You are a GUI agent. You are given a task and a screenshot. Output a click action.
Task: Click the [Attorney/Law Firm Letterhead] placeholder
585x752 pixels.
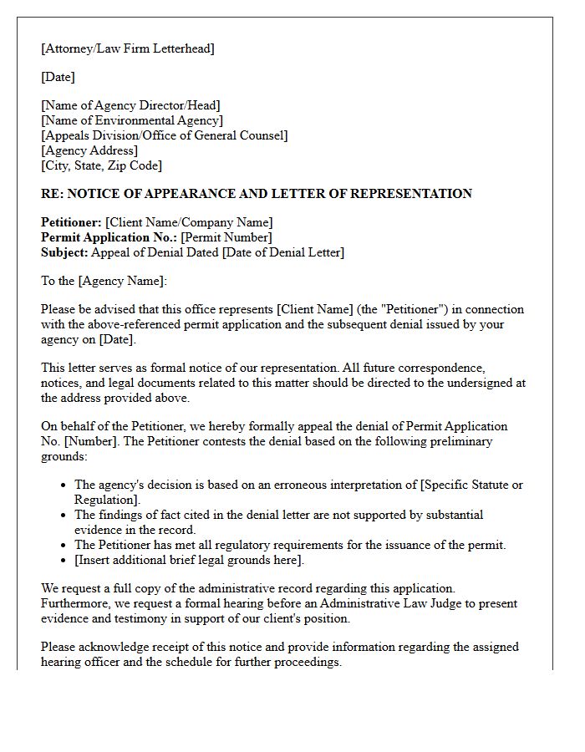click(128, 48)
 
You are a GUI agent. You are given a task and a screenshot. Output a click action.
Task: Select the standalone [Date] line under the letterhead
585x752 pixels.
click(58, 77)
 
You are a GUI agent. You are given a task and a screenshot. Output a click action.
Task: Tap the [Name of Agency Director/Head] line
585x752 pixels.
click(130, 105)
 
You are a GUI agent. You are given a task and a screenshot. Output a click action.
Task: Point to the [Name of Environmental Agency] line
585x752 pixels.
click(132, 120)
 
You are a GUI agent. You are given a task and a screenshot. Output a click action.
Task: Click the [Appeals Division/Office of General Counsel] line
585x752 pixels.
click(164, 135)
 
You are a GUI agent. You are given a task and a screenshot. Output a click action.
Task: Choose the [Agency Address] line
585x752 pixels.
click(89, 150)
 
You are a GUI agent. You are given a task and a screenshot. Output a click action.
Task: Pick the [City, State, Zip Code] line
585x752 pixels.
click(102, 165)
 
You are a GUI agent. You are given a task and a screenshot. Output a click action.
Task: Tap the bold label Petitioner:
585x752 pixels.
click(71, 222)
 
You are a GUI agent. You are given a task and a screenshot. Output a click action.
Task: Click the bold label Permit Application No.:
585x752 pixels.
click(109, 237)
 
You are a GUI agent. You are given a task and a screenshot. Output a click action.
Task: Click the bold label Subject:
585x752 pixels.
click(64, 252)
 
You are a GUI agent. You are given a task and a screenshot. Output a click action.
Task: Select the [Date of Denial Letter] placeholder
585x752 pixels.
click(282, 252)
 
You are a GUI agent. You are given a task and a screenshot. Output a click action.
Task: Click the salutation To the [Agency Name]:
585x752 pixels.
click(104, 281)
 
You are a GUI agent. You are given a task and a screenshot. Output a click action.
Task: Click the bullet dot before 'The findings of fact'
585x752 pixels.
click(64, 516)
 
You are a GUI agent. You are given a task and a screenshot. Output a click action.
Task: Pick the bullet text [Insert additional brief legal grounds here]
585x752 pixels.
click(190, 560)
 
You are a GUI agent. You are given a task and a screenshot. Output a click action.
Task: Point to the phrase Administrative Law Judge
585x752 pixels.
click(394, 603)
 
